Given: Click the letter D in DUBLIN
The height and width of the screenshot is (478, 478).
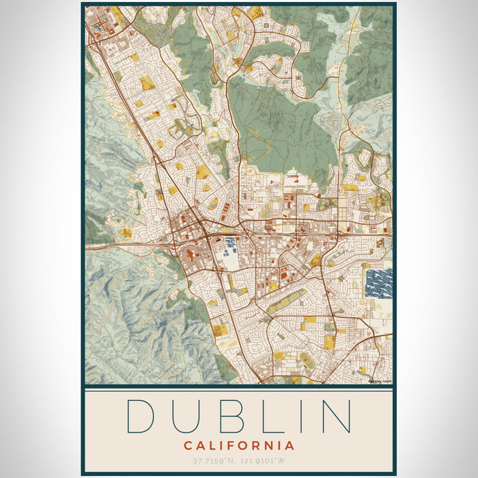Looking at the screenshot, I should (x=140, y=415).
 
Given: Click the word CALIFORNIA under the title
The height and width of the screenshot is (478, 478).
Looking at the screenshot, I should (x=239, y=446).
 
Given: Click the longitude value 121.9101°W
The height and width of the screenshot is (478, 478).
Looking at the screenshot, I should (x=265, y=461).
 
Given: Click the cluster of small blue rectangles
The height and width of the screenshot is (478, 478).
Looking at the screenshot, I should (x=230, y=242).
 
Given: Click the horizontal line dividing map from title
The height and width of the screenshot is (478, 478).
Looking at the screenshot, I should (x=239, y=387).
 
